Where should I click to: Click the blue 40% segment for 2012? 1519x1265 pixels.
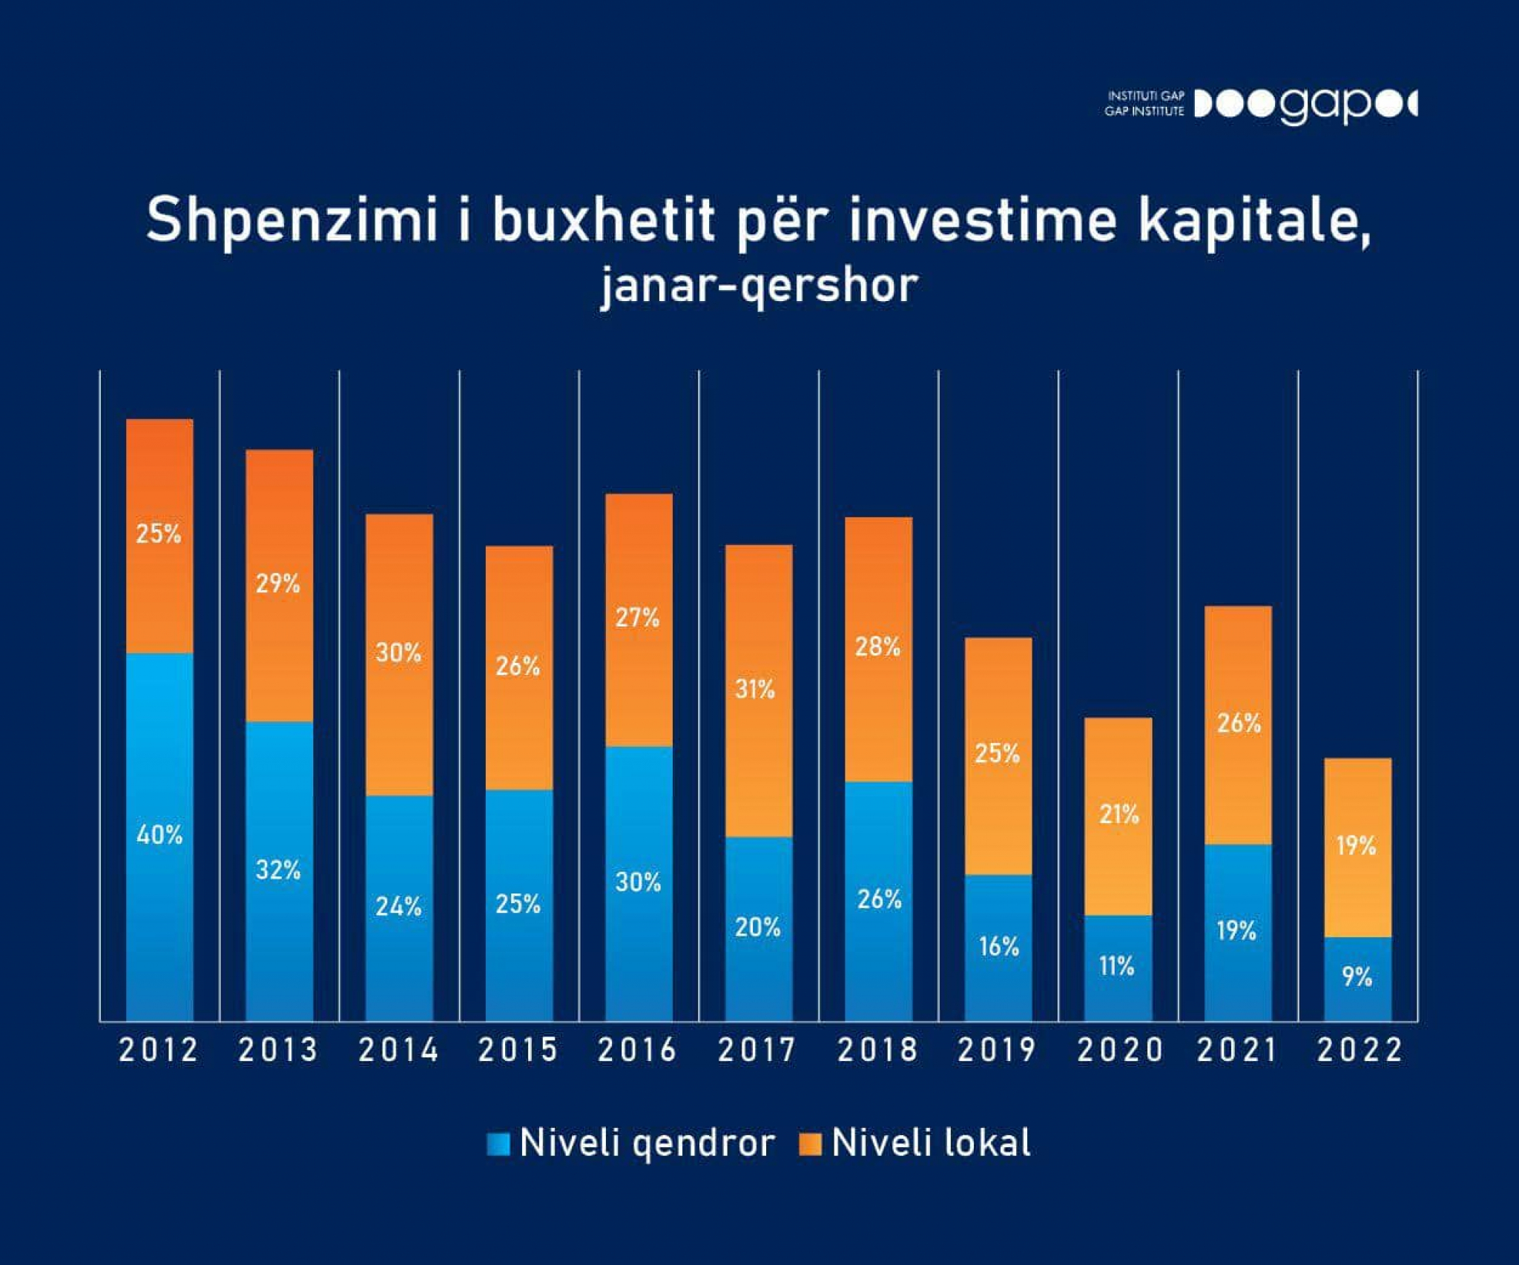pyautogui.click(x=159, y=836)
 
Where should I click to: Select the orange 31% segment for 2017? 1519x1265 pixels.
pyautogui.click(x=758, y=691)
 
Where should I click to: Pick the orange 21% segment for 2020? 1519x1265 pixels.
pyautogui.click(x=1118, y=816)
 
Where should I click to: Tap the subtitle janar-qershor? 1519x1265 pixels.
pyautogui.click(x=759, y=286)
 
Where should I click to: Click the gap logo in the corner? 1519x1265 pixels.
pyautogui.click(x=1305, y=105)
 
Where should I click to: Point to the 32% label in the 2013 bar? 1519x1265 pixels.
pyautogui.click(x=278, y=870)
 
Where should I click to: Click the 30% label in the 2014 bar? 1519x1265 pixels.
pyautogui.click(x=398, y=653)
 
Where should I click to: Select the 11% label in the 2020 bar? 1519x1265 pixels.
pyautogui.click(x=1117, y=966)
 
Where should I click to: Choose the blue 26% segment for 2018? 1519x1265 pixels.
pyautogui.click(x=878, y=901)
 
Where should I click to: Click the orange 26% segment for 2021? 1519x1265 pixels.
pyautogui.click(x=1237, y=724)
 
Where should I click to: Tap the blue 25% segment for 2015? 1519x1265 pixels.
pyautogui.click(x=518, y=905)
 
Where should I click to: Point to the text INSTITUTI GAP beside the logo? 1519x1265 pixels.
pyautogui.click(x=1146, y=96)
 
